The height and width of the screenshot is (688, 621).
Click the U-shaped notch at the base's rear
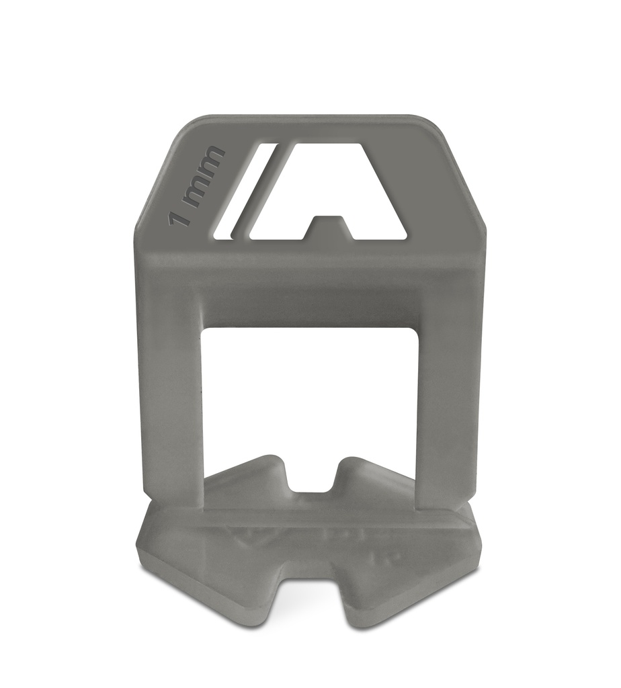(310, 478)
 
